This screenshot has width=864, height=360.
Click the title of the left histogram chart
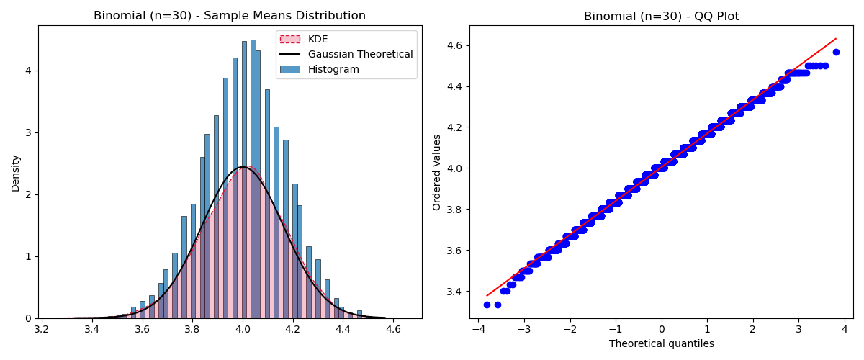[x=230, y=16]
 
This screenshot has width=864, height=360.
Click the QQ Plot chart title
[x=661, y=16]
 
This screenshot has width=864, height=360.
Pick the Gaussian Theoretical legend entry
[x=360, y=54]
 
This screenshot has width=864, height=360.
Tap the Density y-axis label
[x=15, y=172]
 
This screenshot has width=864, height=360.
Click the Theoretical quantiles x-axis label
[x=661, y=344]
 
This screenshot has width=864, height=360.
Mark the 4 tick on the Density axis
[x=27, y=71]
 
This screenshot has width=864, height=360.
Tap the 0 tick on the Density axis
[x=27, y=318]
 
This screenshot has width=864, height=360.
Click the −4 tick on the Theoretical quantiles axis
[x=478, y=330]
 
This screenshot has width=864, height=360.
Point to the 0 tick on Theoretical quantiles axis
[x=661, y=330]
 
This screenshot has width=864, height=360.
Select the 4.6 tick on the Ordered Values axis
[x=454, y=45]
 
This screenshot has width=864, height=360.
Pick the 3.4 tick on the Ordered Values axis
[x=454, y=292]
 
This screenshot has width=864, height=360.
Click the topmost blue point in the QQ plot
[x=836, y=52]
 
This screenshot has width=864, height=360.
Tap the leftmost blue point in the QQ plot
[x=487, y=305]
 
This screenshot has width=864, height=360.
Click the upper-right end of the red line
[x=836, y=39]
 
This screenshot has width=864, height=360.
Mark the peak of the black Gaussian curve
[x=243, y=167]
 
